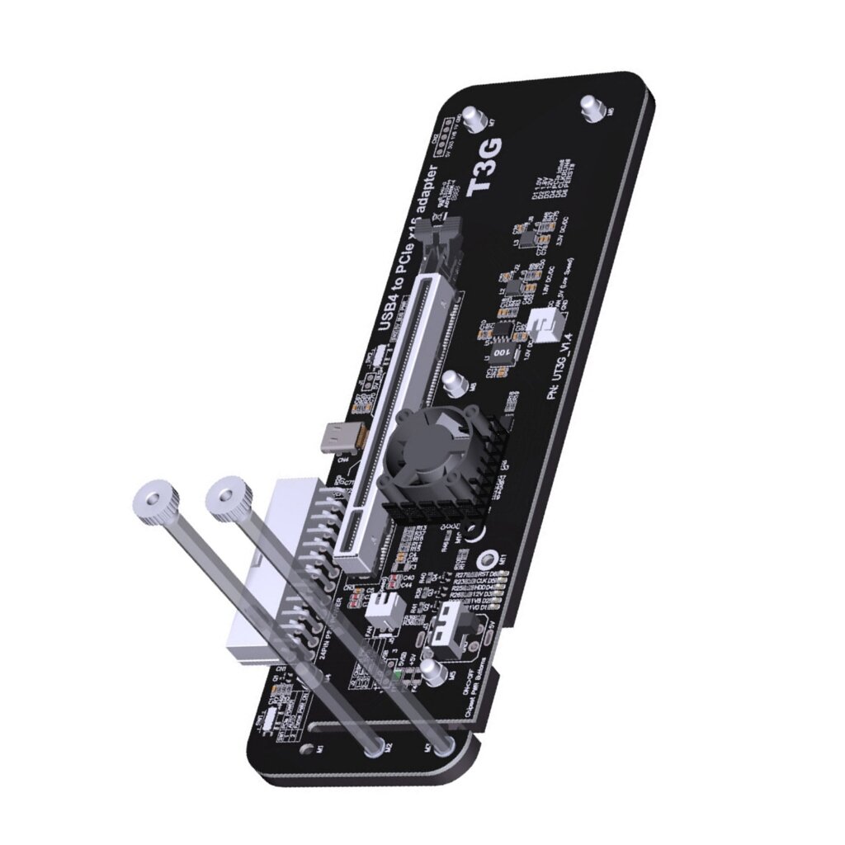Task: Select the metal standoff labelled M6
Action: click(592, 107)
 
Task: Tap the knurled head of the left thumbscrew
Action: click(154, 500)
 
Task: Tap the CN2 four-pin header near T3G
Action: click(446, 135)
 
